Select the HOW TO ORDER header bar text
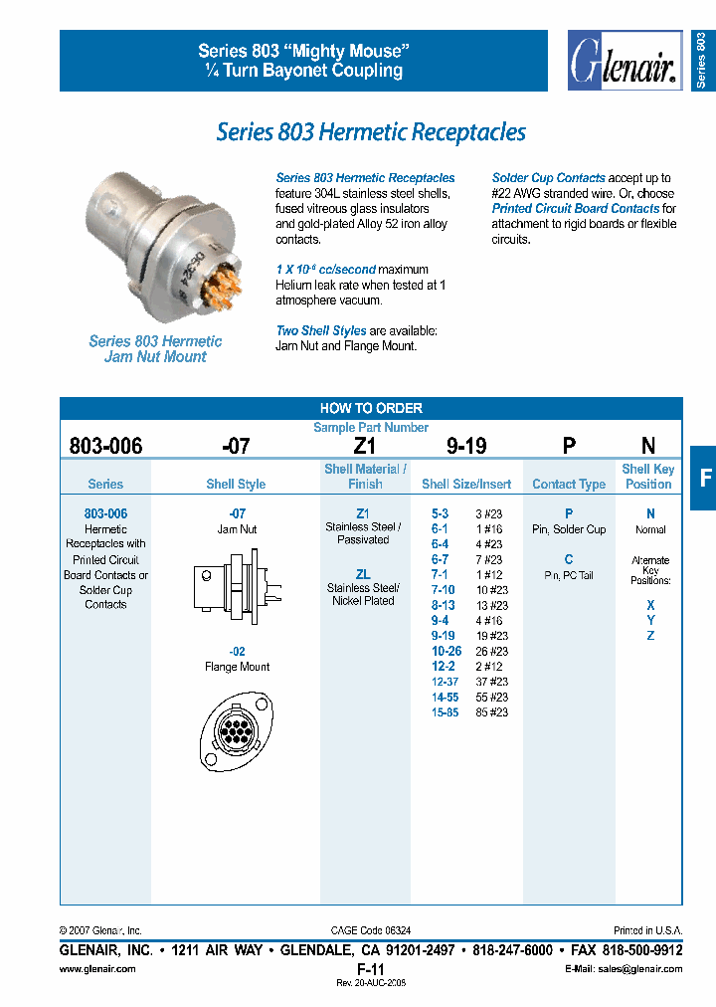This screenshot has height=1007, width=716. pos(371,408)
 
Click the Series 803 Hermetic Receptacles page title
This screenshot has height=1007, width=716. pos(371,131)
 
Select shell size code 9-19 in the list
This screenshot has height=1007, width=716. pos(443,635)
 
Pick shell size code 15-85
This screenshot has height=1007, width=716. pos(445,712)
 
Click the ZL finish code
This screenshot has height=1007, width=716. pos(363,574)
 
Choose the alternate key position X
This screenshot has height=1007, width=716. pos(650,605)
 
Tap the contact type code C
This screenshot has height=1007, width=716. pos(569,559)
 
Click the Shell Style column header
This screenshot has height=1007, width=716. pos(236,485)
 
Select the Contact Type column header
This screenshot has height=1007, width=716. pos(569,485)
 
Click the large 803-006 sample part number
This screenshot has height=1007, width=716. pos(106,447)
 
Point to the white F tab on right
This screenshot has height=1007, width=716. pos(704,478)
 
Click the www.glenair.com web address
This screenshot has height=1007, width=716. pos(97,969)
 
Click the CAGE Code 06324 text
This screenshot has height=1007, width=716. pos(370,929)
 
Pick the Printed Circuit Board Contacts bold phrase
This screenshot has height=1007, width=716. pos(576,209)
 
